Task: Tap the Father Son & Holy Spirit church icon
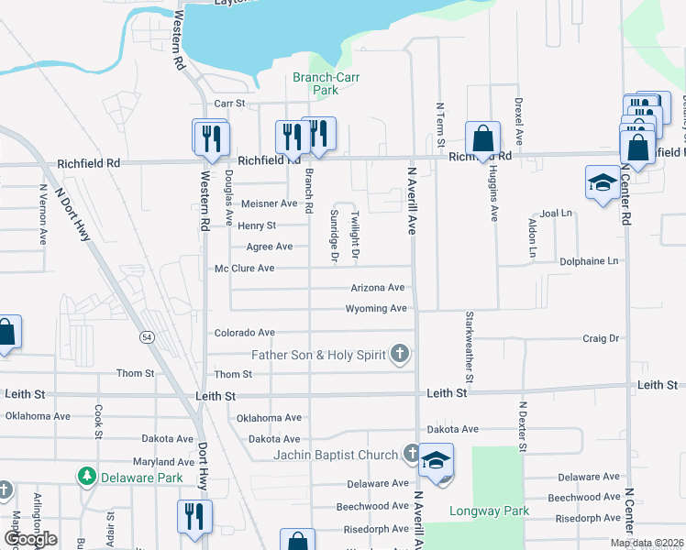tap(400, 353)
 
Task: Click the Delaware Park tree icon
tap(87, 477)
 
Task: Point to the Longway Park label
tap(477, 511)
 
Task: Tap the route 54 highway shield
tap(147, 337)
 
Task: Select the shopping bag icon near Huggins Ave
tap(482, 140)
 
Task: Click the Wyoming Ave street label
tap(376, 309)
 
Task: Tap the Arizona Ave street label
tap(378, 288)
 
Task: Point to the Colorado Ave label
tap(244, 333)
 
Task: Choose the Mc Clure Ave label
tap(244, 269)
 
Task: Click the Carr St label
tap(230, 104)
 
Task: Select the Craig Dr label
tap(601, 338)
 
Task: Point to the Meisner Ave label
tap(270, 203)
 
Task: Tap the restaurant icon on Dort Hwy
tap(194, 516)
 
